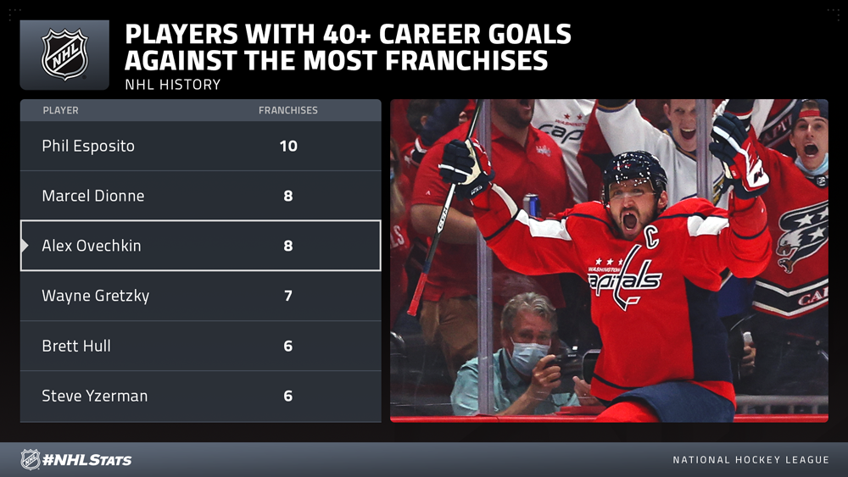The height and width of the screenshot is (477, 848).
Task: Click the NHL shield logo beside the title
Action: [64, 54]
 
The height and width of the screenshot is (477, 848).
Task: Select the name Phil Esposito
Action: [88, 146]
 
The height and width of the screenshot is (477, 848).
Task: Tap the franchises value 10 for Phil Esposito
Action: [288, 146]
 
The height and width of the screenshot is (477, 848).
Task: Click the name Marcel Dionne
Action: [93, 196]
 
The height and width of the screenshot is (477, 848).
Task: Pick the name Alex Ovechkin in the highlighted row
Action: [92, 245]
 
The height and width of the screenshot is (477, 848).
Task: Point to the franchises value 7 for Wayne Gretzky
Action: [288, 296]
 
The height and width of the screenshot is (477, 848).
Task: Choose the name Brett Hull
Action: [76, 346]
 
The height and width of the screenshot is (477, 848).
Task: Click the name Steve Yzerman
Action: [95, 396]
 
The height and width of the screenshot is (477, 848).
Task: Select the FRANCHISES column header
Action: [288, 110]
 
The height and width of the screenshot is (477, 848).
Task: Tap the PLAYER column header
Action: [60, 110]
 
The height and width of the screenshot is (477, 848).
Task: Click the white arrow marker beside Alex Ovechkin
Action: [25, 245]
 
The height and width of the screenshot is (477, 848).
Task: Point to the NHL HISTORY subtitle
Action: [172, 84]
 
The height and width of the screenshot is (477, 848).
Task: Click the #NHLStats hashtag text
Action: [87, 460]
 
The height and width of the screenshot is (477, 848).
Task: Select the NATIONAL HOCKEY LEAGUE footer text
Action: [750, 460]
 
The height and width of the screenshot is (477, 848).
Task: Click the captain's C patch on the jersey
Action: [652, 237]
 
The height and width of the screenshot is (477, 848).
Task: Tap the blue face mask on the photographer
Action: [527, 357]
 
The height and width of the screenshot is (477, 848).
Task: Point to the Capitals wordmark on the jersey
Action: [625, 278]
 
